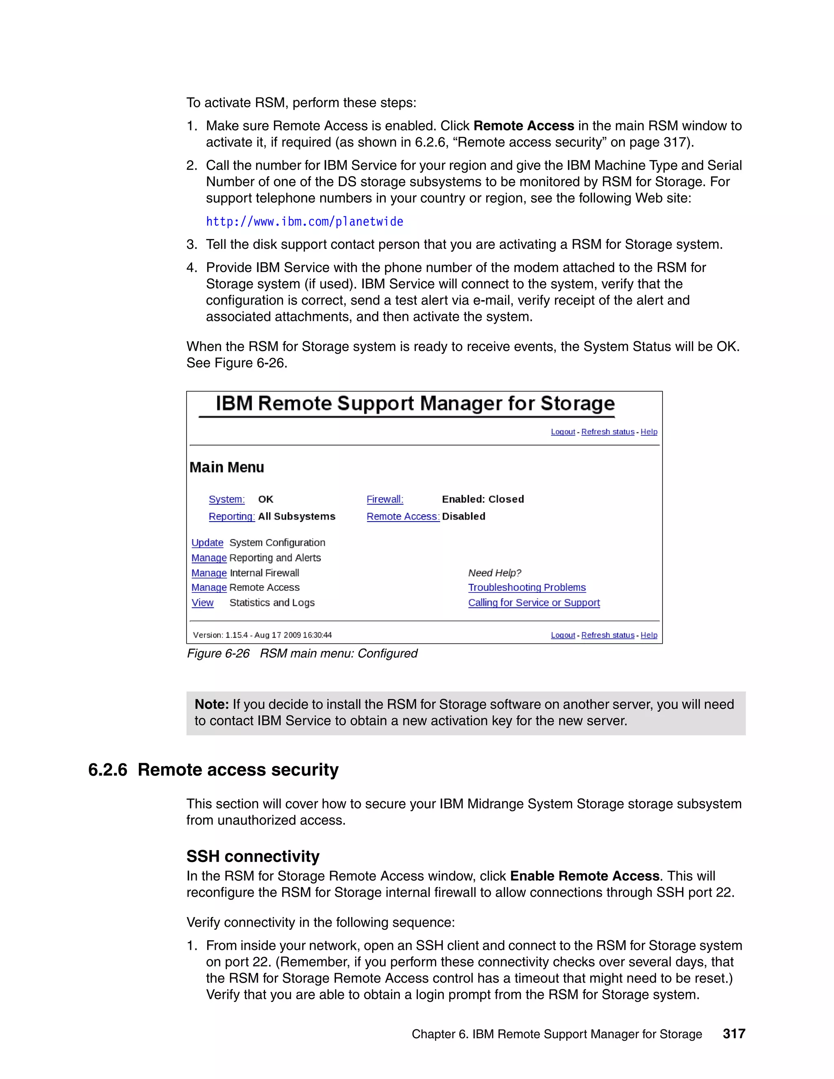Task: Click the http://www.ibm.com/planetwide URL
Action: [x=304, y=222]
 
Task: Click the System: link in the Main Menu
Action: [x=226, y=499]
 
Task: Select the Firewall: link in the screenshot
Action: [x=385, y=499]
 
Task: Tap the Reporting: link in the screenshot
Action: [x=231, y=516]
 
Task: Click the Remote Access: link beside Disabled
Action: [x=403, y=516]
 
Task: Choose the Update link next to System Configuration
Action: [x=207, y=542]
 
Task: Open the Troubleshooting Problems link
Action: [x=527, y=588]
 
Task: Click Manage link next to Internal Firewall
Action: [x=209, y=573]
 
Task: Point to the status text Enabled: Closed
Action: [x=483, y=499]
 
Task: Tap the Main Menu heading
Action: [x=227, y=467]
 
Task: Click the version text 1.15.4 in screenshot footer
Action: [x=236, y=635]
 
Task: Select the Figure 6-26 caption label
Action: [x=218, y=654]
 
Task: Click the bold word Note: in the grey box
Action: [x=211, y=704]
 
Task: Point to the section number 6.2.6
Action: [x=108, y=770]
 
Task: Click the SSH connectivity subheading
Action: [x=252, y=856]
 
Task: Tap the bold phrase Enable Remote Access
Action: [x=584, y=876]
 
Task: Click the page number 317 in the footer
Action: [x=734, y=1033]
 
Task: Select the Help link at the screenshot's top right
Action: [x=649, y=432]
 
